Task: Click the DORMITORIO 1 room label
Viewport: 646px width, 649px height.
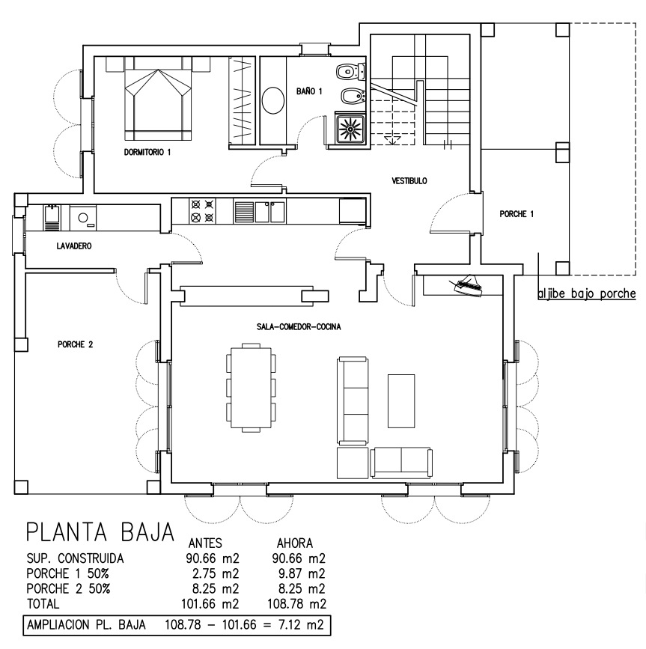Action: pos(147,152)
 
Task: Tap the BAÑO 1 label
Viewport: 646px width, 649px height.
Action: pos(309,91)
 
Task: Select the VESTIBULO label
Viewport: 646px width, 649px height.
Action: pos(409,180)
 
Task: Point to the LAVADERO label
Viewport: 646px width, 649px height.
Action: pos(74,246)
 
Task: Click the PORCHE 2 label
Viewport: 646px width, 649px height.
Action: pos(76,344)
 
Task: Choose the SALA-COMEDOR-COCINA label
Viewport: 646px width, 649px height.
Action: pos(299,327)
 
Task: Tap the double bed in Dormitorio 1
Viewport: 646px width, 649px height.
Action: pos(158,104)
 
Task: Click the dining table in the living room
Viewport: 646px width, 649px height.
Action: pos(252,388)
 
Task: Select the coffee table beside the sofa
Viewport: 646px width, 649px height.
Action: pos(401,400)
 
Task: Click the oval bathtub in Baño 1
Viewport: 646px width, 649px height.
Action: pos(273,100)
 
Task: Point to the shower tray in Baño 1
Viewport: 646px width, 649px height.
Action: pos(350,130)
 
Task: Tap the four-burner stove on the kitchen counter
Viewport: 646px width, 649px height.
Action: pos(202,211)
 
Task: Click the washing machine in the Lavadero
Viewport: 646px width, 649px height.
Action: pos(83,218)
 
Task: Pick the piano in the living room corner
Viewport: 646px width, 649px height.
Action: pos(468,285)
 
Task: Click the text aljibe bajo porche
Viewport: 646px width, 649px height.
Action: pos(586,293)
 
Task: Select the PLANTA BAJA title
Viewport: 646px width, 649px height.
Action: pos(100,532)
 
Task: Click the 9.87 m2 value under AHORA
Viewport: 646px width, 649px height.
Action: pos(299,573)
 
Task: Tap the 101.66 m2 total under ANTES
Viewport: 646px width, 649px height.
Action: pos(210,604)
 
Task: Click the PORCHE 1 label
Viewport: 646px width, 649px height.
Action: pos(517,214)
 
